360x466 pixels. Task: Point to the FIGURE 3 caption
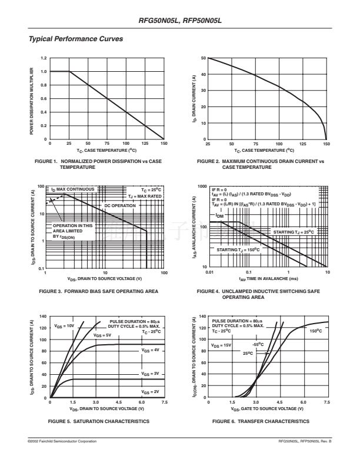coord(98,291)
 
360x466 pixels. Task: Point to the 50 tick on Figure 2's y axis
coord(203,58)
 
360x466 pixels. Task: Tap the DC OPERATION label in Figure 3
coord(119,205)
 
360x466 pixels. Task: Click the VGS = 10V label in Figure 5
coord(64,325)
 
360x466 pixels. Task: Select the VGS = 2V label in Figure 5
coord(150,391)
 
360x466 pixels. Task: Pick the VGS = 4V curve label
coord(150,350)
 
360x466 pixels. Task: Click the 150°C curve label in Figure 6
coord(316,331)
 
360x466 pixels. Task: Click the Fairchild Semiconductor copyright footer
coord(62,441)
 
